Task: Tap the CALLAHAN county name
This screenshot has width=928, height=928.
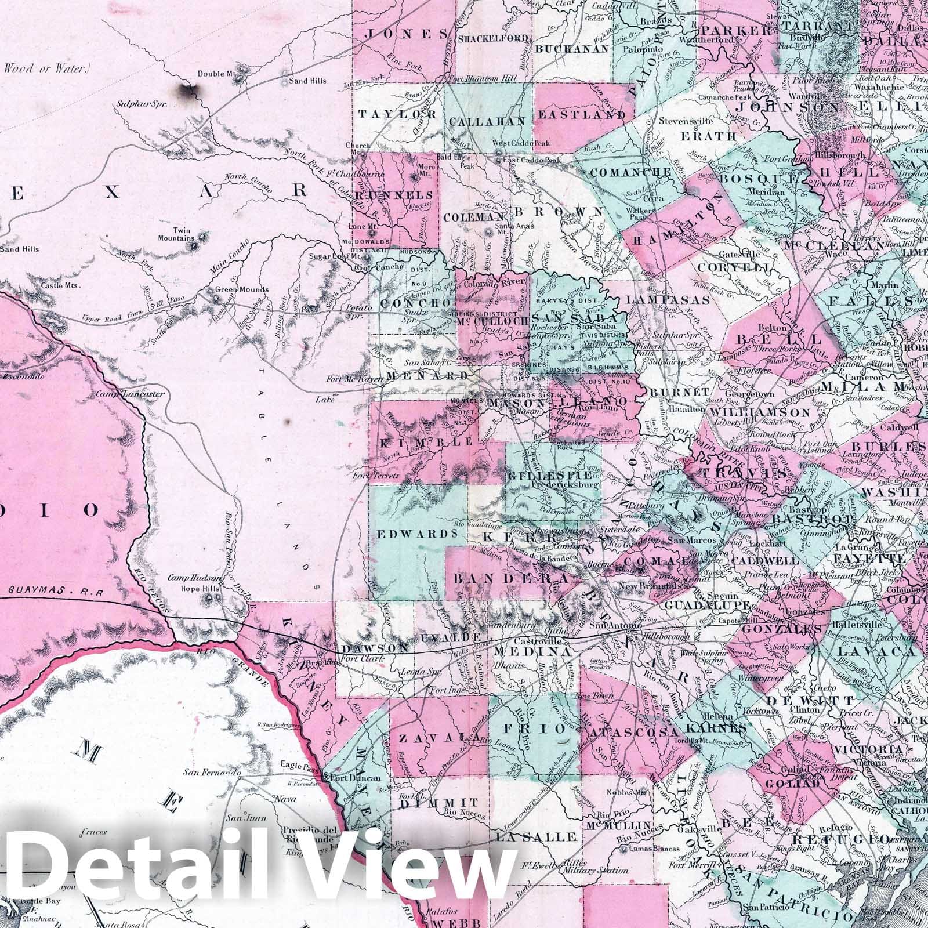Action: (487, 121)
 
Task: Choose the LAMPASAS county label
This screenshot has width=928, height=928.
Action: (668, 300)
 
